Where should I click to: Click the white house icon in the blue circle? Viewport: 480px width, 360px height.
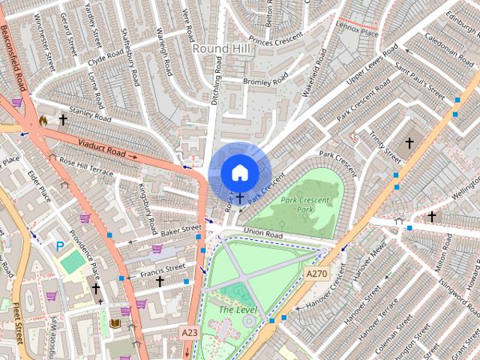(239, 172)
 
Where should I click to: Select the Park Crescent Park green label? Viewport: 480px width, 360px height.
(306, 205)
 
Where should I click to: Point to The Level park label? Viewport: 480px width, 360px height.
(238, 310)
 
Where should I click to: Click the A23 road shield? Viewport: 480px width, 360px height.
(189, 331)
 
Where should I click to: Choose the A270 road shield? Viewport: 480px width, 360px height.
(316, 274)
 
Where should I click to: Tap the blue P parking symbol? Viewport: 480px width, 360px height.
(59, 245)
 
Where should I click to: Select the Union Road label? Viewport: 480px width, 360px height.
(262, 235)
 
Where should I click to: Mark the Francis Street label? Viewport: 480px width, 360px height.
(164, 268)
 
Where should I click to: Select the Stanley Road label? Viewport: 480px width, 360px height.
(90, 116)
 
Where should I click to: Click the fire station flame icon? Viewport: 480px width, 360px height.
(43, 120)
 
